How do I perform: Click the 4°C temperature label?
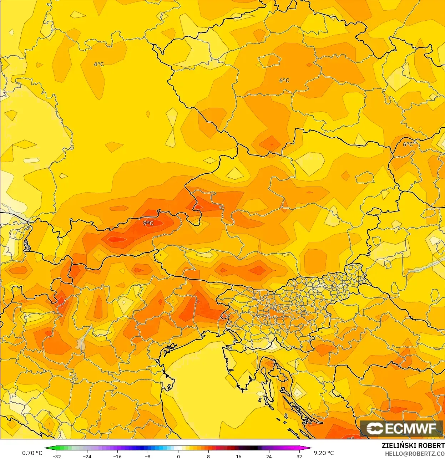click(x=99, y=64)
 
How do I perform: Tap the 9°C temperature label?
click(x=148, y=223)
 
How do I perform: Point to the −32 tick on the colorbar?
click(x=57, y=456)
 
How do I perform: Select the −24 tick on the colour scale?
click(x=87, y=456)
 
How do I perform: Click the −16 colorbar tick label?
click(x=117, y=456)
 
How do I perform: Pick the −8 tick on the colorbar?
click(x=148, y=456)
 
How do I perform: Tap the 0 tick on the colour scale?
click(x=178, y=456)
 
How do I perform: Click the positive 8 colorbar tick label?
click(x=208, y=456)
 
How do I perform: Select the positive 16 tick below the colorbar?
click(x=239, y=456)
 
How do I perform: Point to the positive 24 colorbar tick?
click(x=269, y=456)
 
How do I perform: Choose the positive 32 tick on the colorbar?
click(x=299, y=456)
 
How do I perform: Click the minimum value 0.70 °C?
click(x=32, y=453)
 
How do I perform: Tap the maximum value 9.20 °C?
click(x=324, y=453)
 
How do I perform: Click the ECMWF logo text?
click(x=411, y=428)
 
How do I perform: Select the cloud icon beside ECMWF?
click(x=375, y=428)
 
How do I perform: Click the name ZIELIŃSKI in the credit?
click(x=399, y=445)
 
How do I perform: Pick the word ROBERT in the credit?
click(x=431, y=445)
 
